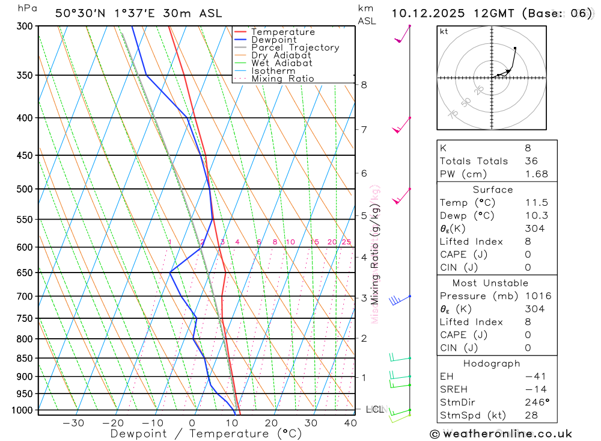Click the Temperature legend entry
[x=282, y=32]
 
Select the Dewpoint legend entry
[x=274, y=40]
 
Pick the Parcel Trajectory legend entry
[x=295, y=48]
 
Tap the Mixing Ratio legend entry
[x=282, y=79]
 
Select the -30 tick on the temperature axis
[x=73, y=423]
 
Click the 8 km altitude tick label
[x=364, y=85]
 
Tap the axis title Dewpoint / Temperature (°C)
[x=206, y=434]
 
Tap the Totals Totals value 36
[x=531, y=161]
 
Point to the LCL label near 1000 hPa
[x=374, y=410]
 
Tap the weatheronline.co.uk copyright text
[x=501, y=434]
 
